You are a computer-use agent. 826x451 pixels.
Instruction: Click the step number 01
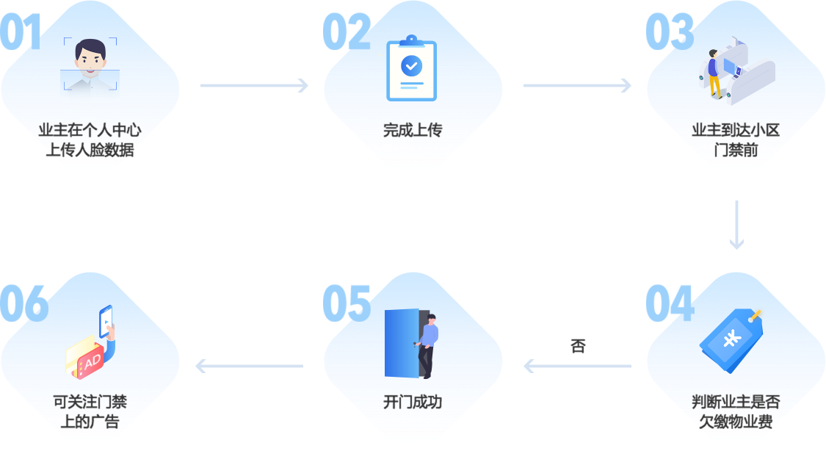(21, 32)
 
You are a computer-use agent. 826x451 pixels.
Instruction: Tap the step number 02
(346, 32)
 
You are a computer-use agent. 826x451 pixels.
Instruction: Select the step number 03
(669, 32)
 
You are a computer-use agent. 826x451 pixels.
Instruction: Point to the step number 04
(669, 303)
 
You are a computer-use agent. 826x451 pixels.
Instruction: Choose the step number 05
(346, 303)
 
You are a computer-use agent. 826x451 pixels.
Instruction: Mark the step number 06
(23, 303)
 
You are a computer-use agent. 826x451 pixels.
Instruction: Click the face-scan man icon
(90, 65)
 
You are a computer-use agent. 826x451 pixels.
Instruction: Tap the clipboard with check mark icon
(411, 68)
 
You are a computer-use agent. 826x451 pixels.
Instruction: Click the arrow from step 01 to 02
(254, 86)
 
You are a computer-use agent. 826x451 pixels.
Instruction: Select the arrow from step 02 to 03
(577, 86)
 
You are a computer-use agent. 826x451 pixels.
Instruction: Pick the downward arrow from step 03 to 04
(736, 225)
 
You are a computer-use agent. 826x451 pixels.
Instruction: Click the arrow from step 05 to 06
(250, 365)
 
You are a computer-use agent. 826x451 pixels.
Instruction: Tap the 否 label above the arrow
(578, 346)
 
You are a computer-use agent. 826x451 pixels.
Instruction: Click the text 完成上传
(413, 131)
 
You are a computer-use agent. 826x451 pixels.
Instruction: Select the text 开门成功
(413, 403)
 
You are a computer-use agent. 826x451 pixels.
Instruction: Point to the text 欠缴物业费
(736, 422)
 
